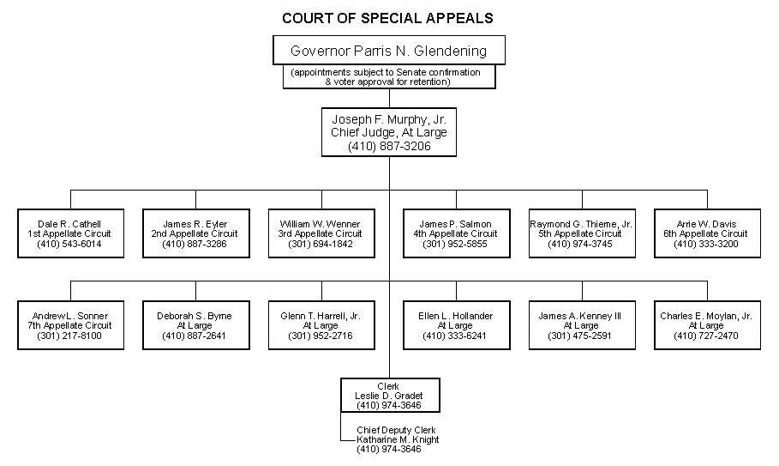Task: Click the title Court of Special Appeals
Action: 388,17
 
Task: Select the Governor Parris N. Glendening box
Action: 389,51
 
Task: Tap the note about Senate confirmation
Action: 389,77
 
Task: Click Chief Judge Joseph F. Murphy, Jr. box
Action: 389,133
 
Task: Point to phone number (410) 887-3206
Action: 389,147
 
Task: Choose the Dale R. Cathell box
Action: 69,233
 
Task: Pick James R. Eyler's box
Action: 195,233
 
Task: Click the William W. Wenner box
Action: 321,233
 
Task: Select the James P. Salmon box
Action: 456,233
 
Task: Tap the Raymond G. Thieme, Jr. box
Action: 582,233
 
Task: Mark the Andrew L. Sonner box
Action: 69,325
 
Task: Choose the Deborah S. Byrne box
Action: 195,325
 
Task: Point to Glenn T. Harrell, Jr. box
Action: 321,325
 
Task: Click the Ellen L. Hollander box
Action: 456,325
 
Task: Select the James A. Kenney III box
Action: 582,325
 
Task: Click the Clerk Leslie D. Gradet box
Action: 390,396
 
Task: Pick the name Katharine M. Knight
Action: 398,439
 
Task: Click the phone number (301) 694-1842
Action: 321,244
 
